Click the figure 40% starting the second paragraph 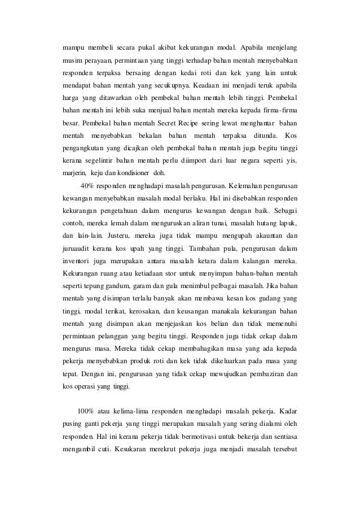click(x=87, y=185)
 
